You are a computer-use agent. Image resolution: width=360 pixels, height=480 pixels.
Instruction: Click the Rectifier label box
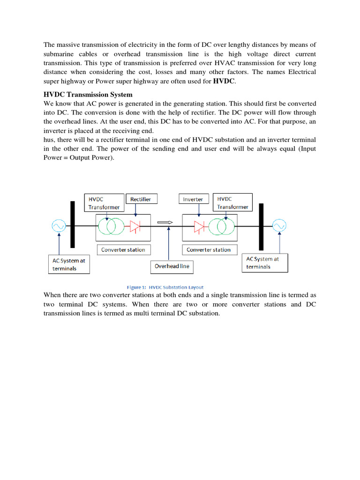pyautogui.click(x=141, y=199)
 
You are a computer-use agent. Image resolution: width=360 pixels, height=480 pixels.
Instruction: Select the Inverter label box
pyautogui.click(x=193, y=199)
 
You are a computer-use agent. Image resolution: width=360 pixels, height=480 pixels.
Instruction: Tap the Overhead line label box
pyautogui.click(x=172, y=267)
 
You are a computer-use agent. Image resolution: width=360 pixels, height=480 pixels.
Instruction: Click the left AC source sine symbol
pyautogui.click(x=59, y=226)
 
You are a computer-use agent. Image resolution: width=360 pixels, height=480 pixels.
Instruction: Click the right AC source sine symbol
pyautogui.click(x=279, y=226)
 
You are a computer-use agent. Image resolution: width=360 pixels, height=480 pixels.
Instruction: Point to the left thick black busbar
pyautogui.click(x=73, y=225)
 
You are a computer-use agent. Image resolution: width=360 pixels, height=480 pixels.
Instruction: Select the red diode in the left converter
pyautogui.click(x=135, y=227)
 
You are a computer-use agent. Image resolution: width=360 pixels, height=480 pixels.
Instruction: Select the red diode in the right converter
pyautogui.click(x=200, y=227)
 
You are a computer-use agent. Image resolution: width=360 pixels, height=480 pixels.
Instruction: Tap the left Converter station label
pyautogui.click(x=123, y=250)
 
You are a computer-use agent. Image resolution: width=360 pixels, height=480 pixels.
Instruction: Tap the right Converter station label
pyautogui.click(x=209, y=250)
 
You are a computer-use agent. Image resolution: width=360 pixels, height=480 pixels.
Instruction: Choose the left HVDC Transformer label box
pyautogui.click(x=104, y=203)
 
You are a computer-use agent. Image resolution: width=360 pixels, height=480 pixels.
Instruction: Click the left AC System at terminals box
pyautogui.click(x=68, y=264)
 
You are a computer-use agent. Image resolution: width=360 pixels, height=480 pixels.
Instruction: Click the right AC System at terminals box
pyautogui.click(x=265, y=263)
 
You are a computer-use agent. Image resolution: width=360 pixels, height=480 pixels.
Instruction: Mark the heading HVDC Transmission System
pyautogui.click(x=88, y=95)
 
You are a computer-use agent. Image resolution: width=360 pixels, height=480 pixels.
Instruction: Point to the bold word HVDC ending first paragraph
pyautogui.click(x=224, y=81)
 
